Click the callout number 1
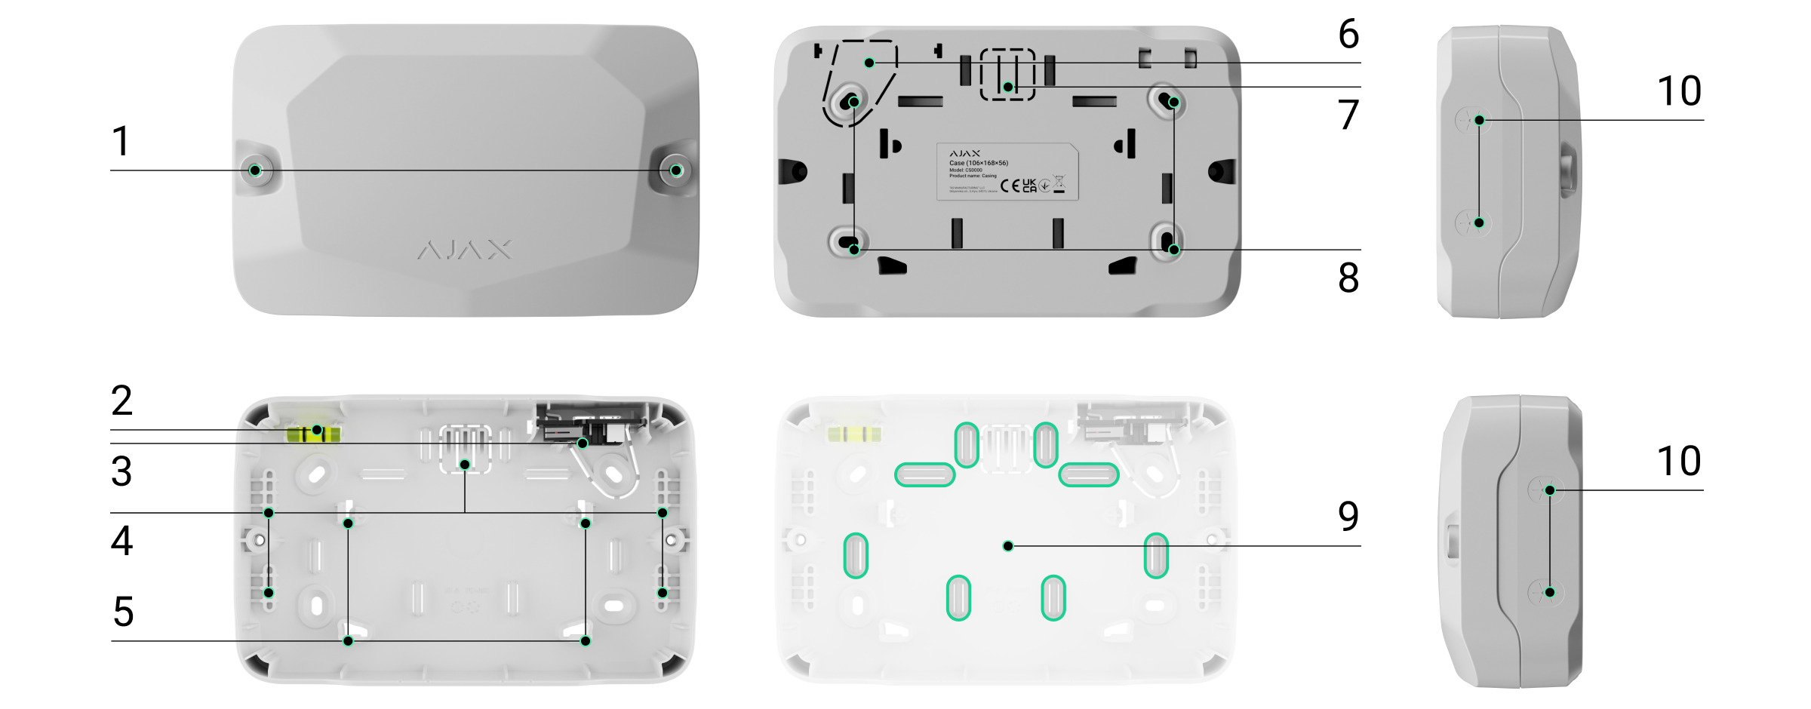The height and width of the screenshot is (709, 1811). [x=121, y=141]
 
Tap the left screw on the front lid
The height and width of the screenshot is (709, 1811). [x=255, y=170]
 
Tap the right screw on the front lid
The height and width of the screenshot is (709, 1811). [x=676, y=170]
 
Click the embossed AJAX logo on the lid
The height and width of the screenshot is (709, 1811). [x=465, y=250]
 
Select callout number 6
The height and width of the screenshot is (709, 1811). [x=1348, y=34]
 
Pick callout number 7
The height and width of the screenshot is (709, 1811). [x=1348, y=115]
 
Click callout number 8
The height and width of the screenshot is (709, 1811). [x=1348, y=278]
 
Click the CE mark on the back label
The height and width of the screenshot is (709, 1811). [x=1010, y=186]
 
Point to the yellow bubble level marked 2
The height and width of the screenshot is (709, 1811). [x=313, y=434]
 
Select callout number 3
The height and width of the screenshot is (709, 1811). [x=121, y=471]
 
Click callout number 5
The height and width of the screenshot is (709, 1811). [x=123, y=612]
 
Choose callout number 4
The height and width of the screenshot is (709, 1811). [x=121, y=541]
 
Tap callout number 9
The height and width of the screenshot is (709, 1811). [x=1348, y=516]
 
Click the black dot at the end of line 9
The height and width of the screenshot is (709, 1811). [x=1008, y=546]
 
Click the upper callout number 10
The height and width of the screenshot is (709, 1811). [x=1679, y=91]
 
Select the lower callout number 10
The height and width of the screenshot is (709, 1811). [x=1679, y=461]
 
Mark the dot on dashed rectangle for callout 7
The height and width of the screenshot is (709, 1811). [x=1008, y=87]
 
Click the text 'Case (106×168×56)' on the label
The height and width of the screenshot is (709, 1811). [x=979, y=163]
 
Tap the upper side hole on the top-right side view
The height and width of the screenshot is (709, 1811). [x=1479, y=120]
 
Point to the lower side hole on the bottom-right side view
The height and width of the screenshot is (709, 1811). [x=1549, y=592]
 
